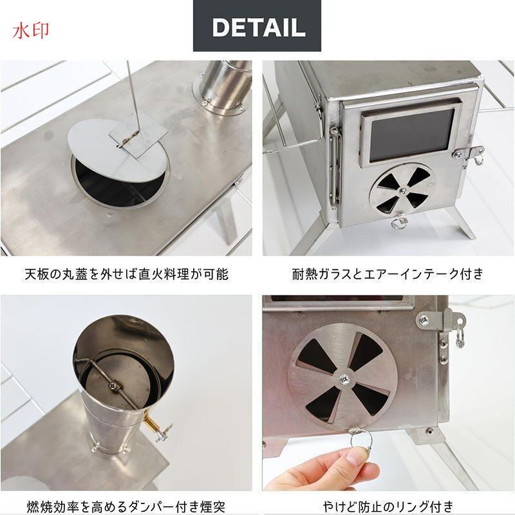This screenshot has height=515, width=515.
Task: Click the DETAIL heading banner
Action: pyautogui.click(x=257, y=26)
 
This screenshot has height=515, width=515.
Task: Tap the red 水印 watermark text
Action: pyautogui.click(x=31, y=31)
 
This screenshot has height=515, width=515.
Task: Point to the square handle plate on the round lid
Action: pyautogui.click(x=138, y=138)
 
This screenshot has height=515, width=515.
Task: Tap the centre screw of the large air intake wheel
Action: pyautogui.click(x=344, y=379)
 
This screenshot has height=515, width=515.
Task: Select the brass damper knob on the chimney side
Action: pyautogui.click(x=152, y=424)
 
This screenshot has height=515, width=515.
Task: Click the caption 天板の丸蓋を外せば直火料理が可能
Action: pyautogui.click(x=126, y=274)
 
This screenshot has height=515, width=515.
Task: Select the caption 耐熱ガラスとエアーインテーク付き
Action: pyautogui.click(x=388, y=274)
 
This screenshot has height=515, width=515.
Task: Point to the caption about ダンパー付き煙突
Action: pyautogui.click(x=126, y=507)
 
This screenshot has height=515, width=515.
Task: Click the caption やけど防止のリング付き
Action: pyautogui.click(x=388, y=507)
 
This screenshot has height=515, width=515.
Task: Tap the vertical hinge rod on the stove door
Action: pyautogui.click(x=334, y=168)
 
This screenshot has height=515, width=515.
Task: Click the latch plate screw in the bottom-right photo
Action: pyautogui.click(x=424, y=319)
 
